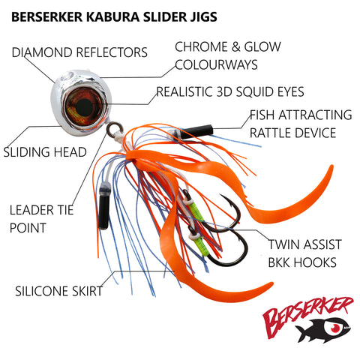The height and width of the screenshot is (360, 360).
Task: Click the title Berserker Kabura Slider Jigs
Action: click(x=114, y=17)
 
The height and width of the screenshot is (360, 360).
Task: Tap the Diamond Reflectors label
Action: click(x=79, y=52)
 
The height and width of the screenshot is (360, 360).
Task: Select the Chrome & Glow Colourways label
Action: click(x=228, y=55)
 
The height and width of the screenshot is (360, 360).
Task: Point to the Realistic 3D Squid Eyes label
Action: click(x=230, y=91)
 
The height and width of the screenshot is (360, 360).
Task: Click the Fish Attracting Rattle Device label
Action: click(x=301, y=124)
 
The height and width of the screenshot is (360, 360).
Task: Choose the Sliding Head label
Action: click(x=45, y=152)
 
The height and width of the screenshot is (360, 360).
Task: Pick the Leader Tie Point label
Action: click(x=41, y=219)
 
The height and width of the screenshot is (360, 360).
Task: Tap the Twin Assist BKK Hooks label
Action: click(x=304, y=253)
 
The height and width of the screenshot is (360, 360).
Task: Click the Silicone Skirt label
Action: click(x=58, y=291)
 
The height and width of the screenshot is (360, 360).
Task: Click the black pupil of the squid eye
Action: click(x=84, y=107)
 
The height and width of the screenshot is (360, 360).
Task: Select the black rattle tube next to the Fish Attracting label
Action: click(x=196, y=132)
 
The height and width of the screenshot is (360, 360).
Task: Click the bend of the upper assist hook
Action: click(x=233, y=220)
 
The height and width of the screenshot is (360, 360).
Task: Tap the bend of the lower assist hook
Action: click(x=238, y=257)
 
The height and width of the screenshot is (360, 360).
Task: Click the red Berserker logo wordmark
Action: click(x=308, y=315)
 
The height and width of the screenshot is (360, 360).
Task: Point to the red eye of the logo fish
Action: click(x=335, y=328)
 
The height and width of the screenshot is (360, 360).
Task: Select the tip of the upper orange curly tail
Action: click(x=331, y=166)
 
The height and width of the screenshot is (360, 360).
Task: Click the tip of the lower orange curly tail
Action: click(x=271, y=284)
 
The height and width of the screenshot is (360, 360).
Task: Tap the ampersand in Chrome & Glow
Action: click(x=235, y=47)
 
